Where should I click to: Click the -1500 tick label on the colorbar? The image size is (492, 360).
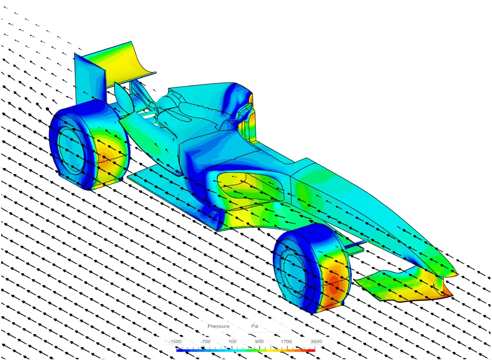pos(175,342)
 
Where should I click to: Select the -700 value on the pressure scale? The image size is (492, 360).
pos(205,342)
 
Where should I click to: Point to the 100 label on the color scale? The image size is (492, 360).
pos(232,342)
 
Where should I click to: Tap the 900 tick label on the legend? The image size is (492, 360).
pos(259,342)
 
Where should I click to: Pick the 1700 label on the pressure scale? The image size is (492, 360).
pos(287,342)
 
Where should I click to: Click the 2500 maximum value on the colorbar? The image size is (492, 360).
pos(316,342)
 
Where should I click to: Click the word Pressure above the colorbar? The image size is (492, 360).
pos(218,326)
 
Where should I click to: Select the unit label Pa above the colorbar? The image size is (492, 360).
pos(255,326)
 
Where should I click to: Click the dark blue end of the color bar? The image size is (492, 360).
pos(179,350)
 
